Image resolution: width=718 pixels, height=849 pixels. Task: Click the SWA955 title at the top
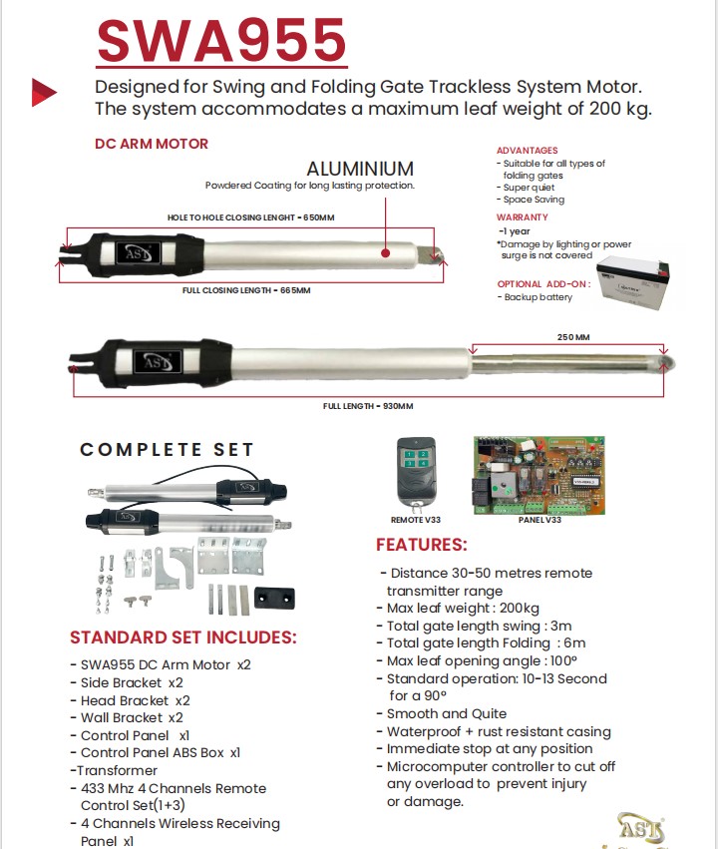221,41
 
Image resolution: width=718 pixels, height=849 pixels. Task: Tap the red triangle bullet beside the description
44,91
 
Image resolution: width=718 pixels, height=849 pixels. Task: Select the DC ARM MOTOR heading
152,144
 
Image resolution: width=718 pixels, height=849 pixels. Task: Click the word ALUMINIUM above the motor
360,169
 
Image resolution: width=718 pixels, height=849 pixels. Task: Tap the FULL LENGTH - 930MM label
367,406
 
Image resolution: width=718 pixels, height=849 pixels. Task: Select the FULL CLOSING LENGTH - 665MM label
246,290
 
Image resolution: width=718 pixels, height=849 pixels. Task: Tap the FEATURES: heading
421,545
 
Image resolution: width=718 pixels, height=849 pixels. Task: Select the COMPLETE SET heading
168,450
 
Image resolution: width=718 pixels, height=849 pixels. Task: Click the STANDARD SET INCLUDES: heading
183,637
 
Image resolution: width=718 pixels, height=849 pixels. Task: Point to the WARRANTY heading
523,217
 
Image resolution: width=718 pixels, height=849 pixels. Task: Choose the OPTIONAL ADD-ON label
543,284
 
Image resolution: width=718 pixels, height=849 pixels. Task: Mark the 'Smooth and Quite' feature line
447,713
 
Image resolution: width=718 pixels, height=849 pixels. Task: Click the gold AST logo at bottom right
639,827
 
